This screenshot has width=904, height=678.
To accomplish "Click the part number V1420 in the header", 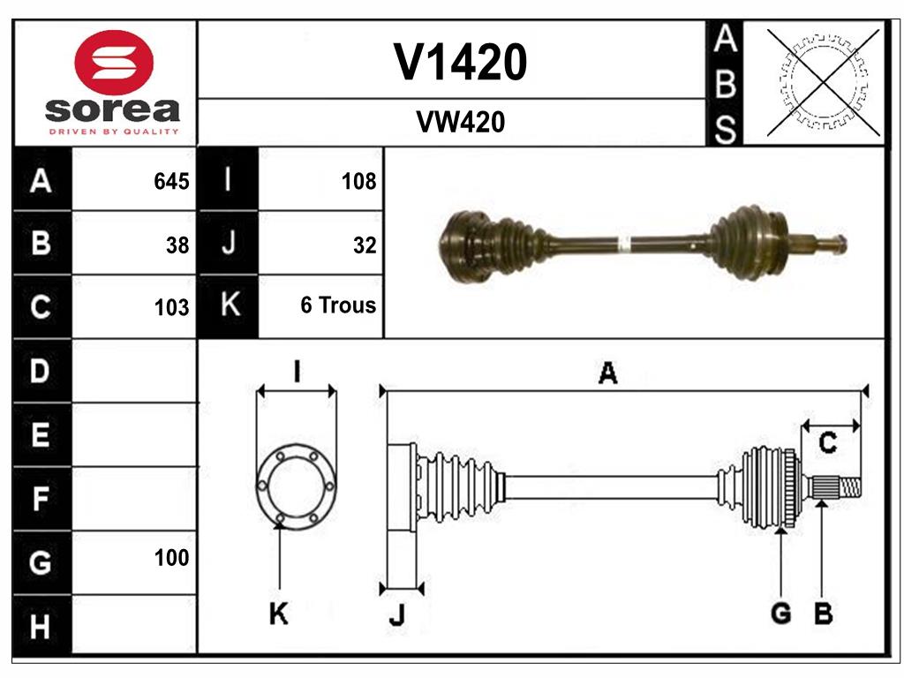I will pyautogui.click(x=460, y=62).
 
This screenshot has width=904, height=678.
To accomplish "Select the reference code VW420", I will pyautogui.click(x=460, y=123).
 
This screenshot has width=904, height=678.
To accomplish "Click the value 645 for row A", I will pyautogui.click(x=171, y=182).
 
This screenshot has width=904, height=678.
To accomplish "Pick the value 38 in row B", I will pyautogui.click(x=177, y=245).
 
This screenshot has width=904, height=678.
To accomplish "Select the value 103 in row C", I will pyautogui.click(x=171, y=308).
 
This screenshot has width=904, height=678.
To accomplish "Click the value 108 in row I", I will pyautogui.click(x=358, y=182).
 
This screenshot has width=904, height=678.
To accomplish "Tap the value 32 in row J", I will pyautogui.click(x=364, y=245).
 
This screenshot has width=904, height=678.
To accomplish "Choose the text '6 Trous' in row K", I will pyautogui.click(x=338, y=305).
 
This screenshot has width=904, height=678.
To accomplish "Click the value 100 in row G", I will pyautogui.click(x=171, y=558).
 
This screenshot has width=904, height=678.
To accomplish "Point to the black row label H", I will pyautogui.click(x=41, y=627).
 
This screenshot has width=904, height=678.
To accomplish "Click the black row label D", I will pyautogui.click(x=41, y=372).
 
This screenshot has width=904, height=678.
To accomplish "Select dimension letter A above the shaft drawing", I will pyautogui.click(x=607, y=374).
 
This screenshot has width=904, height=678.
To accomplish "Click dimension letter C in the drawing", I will pyautogui.click(x=827, y=443).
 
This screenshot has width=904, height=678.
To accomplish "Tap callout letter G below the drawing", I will pyautogui.click(x=780, y=614).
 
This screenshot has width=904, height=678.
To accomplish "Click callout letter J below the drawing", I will pyautogui.click(x=396, y=617).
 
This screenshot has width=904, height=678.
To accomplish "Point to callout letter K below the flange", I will pyautogui.click(x=278, y=614).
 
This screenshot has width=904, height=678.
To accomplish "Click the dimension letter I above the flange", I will pyautogui.click(x=297, y=372).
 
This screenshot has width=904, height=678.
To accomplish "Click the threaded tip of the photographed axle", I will pyautogui.click(x=833, y=244).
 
